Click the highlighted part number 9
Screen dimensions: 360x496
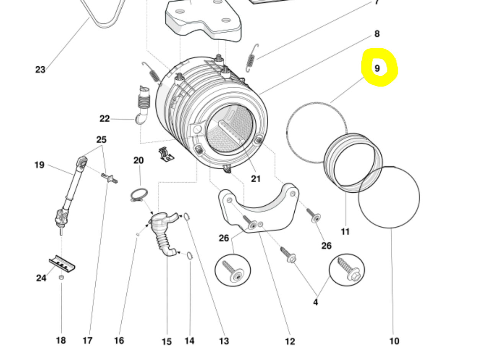pos(377,68)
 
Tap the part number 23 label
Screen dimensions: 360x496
pos(40,70)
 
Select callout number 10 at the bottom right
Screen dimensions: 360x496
pos(394,341)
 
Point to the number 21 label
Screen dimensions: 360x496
pos(256,178)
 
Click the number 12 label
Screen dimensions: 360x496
pos(290,341)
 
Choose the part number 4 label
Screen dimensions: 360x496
pos(315,302)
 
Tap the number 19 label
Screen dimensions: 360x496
pos(39,165)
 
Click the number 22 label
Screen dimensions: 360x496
pos(104,119)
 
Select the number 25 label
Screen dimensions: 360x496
pos(101,139)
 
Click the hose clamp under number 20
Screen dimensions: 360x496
pos(139,195)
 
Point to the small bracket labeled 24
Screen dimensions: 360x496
pos(62,263)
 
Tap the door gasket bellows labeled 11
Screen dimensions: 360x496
pos(352,162)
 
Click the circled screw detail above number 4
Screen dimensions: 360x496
pos(347,269)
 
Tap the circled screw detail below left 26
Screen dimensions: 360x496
pos(233,270)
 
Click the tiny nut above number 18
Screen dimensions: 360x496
pos(61,277)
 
